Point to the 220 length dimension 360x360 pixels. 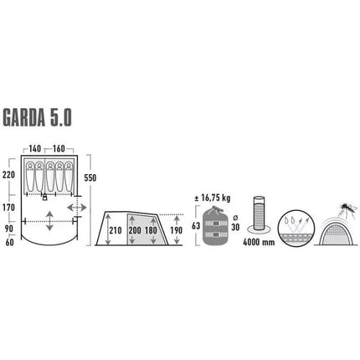tap(9, 175)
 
